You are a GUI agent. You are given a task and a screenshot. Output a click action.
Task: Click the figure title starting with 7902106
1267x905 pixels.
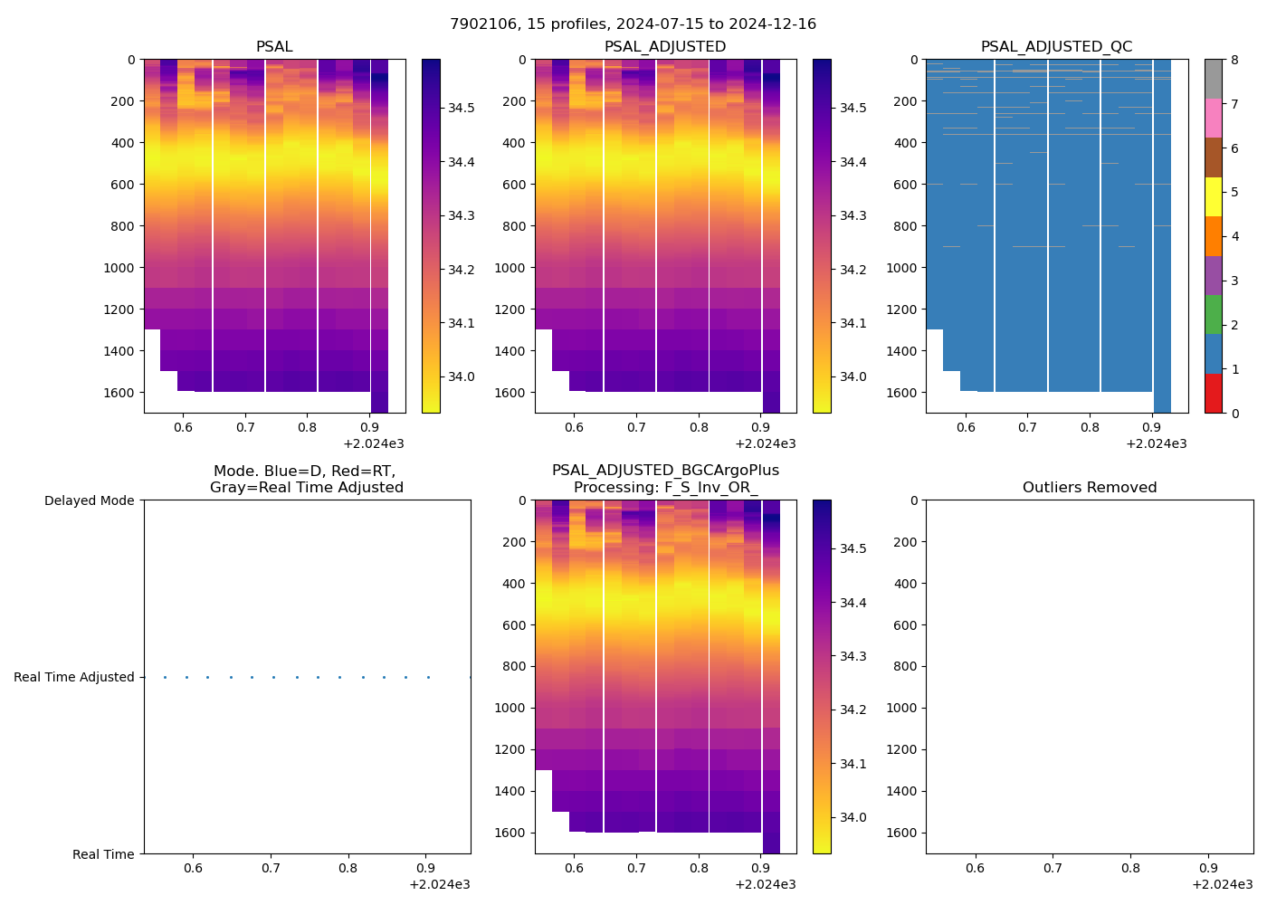click(633, 24)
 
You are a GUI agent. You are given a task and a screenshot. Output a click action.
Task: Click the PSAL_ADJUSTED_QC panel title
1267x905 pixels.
click(1056, 46)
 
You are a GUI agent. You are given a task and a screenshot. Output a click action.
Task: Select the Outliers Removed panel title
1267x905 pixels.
click(1089, 487)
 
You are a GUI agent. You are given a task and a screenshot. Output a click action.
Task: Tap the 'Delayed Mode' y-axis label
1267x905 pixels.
click(89, 500)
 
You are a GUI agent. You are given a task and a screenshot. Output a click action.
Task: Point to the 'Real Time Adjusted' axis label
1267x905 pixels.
click(73, 677)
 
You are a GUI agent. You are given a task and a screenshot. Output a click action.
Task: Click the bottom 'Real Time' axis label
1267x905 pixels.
click(103, 854)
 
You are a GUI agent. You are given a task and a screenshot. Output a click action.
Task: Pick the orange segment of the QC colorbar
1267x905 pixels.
click(1213, 236)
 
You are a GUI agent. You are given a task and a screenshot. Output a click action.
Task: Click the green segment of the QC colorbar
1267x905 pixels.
click(1213, 314)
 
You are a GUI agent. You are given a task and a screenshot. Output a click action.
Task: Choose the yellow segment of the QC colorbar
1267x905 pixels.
click(1213, 196)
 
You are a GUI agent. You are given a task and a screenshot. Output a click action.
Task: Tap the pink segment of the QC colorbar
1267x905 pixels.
click(1213, 118)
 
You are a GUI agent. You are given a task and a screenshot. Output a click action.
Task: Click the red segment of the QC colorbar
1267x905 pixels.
click(1213, 393)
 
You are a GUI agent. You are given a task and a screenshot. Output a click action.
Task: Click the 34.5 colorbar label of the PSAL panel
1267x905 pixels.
click(462, 108)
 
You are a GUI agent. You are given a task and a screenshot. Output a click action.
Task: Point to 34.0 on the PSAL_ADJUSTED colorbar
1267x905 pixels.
click(853, 376)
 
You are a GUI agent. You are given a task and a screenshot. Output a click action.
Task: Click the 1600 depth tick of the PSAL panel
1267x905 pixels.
click(119, 393)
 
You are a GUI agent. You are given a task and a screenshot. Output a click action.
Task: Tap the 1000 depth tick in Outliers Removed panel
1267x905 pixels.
click(901, 708)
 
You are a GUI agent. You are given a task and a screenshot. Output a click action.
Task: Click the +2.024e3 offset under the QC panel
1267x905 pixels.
click(1156, 443)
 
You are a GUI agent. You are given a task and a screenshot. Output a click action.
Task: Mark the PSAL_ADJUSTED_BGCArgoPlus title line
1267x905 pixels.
click(665, 471)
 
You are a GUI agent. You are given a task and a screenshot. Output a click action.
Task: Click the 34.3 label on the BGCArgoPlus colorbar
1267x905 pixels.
click(853, 656)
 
